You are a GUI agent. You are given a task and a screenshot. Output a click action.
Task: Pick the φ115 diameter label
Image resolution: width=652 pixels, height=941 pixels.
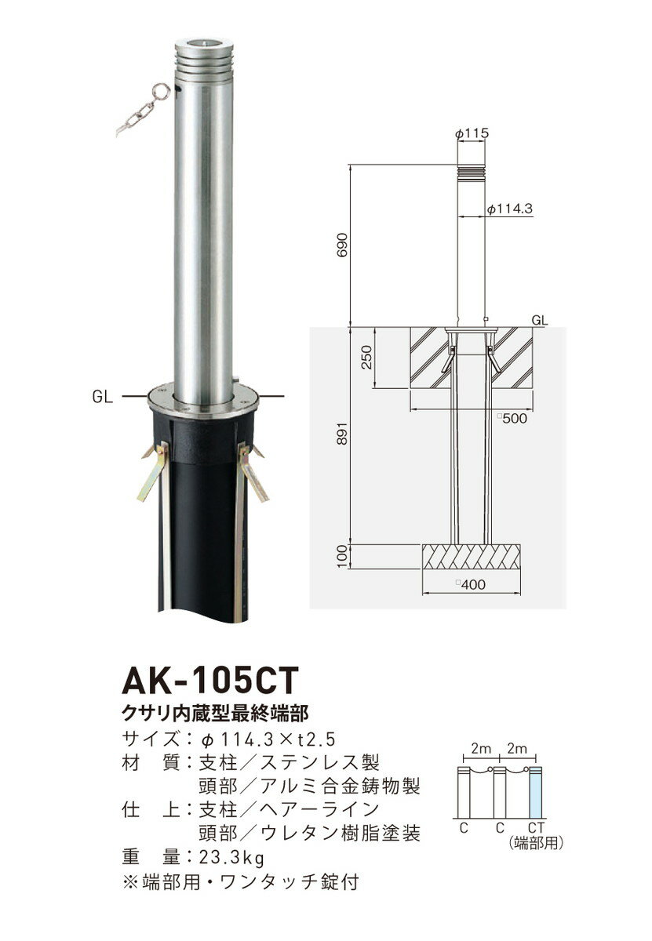[x=472, y=134]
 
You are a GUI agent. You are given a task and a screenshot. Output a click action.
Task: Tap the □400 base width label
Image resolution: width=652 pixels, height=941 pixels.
[x=471, y=584]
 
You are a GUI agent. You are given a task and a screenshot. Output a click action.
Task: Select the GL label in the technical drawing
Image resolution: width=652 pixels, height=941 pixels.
[x=539, y=321]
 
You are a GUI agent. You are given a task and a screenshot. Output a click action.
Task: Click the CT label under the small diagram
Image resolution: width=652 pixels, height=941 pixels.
[x=537, y=827]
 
